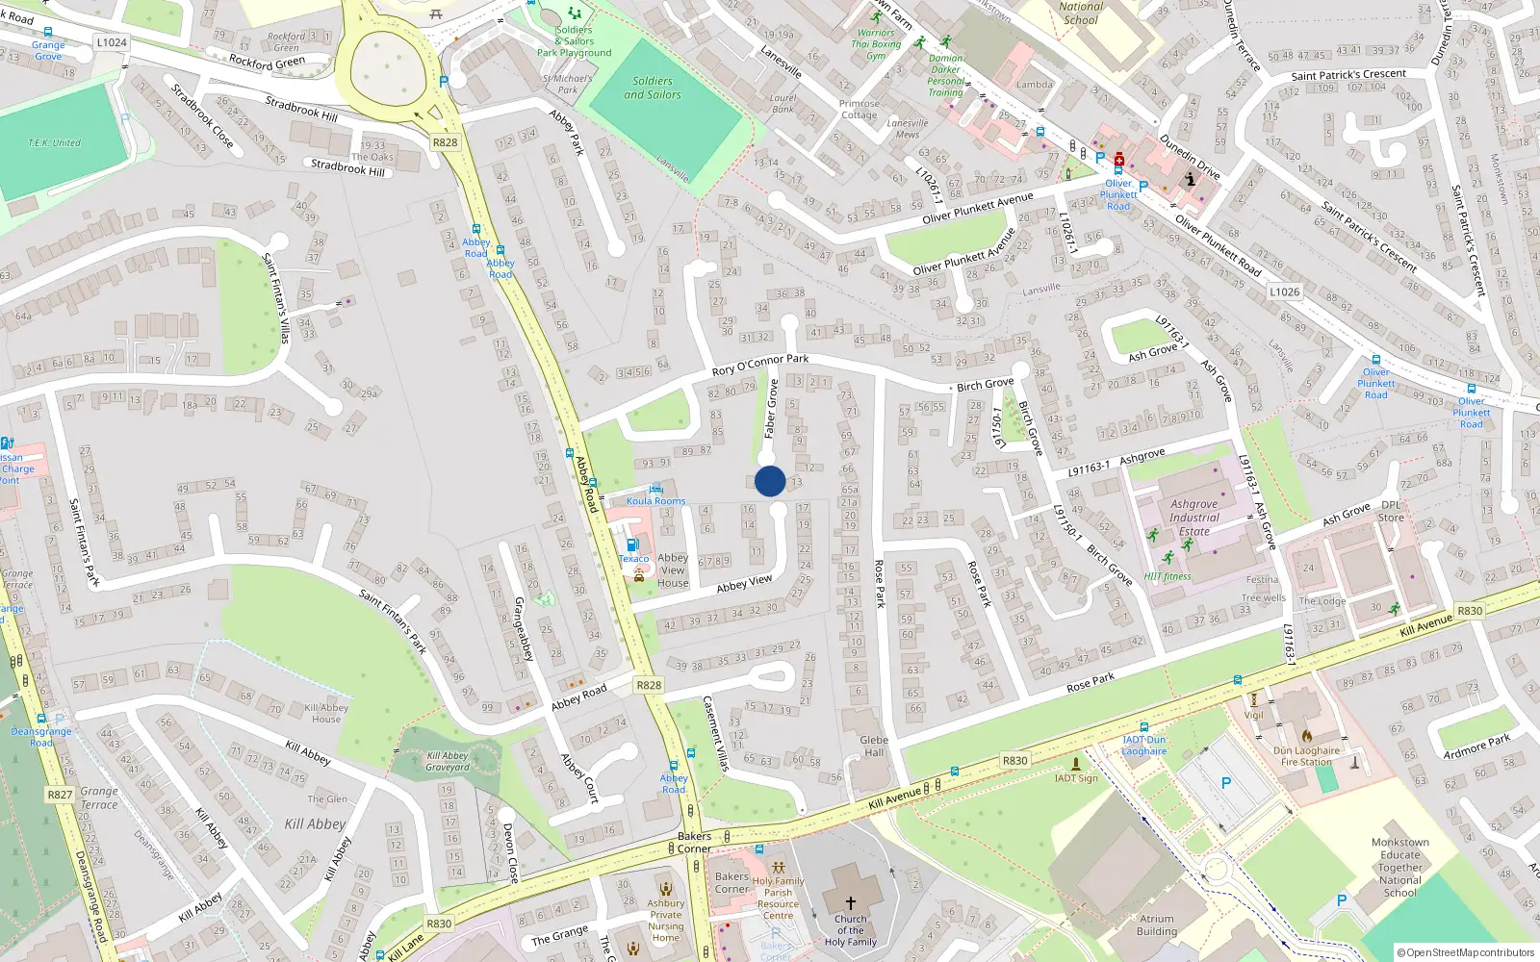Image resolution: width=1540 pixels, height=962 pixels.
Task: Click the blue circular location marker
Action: click(770, 481)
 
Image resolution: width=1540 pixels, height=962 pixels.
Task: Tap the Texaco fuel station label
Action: click(633, 558)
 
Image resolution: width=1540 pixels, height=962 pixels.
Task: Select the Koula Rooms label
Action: click(656, 500)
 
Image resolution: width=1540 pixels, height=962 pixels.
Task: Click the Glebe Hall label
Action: click(874, 747)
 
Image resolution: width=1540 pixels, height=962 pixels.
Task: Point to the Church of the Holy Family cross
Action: click(851, 902)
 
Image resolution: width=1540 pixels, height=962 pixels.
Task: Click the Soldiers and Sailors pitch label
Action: click(653, 88)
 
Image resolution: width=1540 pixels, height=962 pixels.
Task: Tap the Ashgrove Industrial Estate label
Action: click(1193, 518)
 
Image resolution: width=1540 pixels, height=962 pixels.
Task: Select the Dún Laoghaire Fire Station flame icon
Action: click(1307, 736)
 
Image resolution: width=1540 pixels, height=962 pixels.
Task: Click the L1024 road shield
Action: click(112, 42)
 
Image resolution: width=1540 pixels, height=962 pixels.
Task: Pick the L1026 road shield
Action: click(1284, 291)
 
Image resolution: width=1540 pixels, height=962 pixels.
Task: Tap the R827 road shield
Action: click(60, 795)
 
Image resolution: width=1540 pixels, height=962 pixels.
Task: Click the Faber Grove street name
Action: click(771, 409)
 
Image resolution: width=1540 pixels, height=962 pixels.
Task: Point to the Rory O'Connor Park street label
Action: click(759, 365)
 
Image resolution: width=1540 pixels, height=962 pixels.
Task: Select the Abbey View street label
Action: click(744, 584)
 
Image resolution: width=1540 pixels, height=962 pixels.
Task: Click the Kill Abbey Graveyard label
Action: click(448, 761)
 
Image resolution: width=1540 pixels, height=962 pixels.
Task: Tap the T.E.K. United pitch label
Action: click(55, 142)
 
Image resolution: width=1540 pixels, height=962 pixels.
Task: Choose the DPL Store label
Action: click(1392, 511)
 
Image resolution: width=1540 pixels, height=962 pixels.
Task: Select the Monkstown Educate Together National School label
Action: click(1400, 868)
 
